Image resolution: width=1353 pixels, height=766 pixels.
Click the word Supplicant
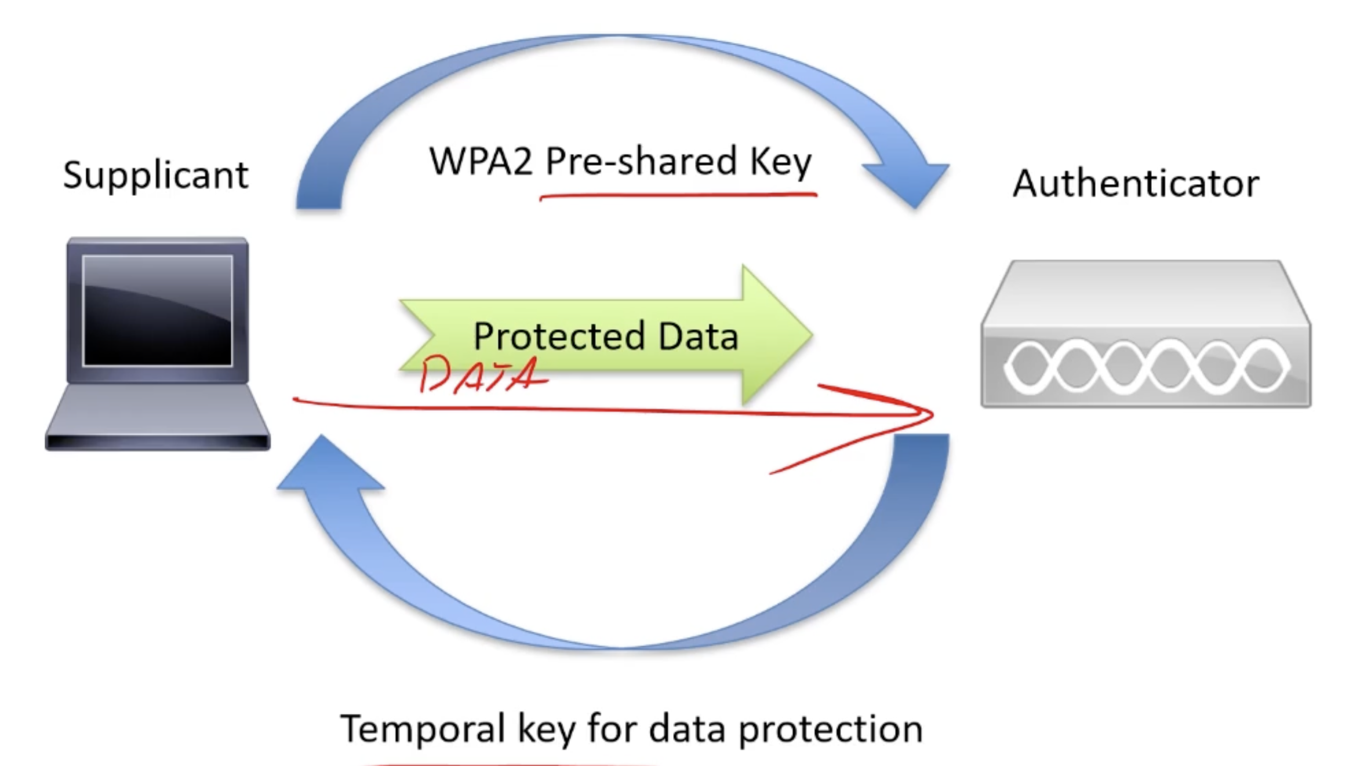[x=155, y=175]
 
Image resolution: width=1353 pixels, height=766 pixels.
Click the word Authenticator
[x=1136, y=184]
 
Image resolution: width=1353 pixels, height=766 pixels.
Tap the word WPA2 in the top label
[x=480, y=161]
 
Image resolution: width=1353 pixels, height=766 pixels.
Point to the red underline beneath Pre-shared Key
[x=678, y=196]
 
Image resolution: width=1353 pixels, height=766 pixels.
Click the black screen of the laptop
[x=158, y=311]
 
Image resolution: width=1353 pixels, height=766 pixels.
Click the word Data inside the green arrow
[x=698, y=335]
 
